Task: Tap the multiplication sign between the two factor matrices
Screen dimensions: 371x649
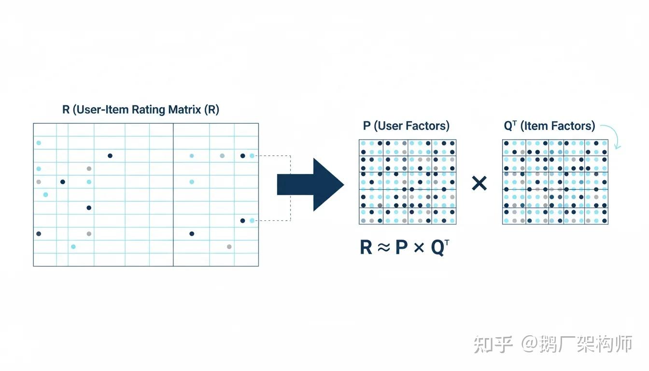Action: point(479,183)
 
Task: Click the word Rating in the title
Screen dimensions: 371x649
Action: point(149,110)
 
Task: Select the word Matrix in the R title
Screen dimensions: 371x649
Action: point(184,110)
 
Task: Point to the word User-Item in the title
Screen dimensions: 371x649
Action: point(102,110)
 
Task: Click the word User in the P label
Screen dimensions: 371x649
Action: point(390,126)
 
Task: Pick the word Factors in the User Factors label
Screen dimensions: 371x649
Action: point(427,126)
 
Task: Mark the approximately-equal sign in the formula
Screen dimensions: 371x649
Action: point(383,248)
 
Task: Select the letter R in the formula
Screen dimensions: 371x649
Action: point(366,248)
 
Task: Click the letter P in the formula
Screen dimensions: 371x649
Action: point(401,248)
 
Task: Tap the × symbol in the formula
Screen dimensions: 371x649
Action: point(419,248)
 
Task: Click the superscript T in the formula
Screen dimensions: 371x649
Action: point(447,242)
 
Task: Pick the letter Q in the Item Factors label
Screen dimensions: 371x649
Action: point(508,127)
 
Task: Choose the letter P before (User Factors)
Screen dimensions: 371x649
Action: point(367,126)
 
